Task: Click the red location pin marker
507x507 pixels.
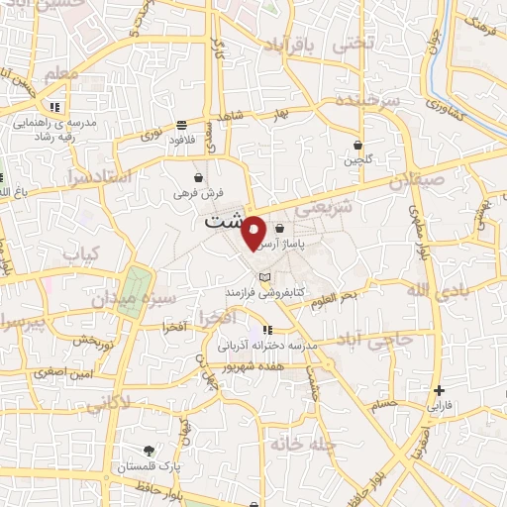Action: tap(254, 232)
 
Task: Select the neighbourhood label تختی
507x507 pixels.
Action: tap(354, 45)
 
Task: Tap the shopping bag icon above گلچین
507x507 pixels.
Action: tap(357, 145)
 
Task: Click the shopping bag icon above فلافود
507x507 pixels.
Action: tap(182, 125)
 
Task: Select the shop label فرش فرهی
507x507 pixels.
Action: tap(201, 193)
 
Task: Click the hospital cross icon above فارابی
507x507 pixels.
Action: tap(439, 390)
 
